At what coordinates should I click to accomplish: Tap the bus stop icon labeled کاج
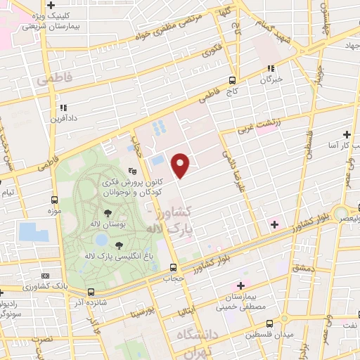233,80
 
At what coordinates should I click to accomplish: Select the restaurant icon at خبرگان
271,69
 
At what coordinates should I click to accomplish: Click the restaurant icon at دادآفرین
63,108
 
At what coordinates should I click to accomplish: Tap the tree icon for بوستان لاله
108,212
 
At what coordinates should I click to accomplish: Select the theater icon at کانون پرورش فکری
131,171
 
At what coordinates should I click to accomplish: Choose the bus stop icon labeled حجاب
173,266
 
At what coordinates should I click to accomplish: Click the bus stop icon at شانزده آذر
90,292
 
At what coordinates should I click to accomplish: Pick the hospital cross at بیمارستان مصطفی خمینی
241,285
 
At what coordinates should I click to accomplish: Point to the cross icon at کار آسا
346,134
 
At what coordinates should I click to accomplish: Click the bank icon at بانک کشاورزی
45,276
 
